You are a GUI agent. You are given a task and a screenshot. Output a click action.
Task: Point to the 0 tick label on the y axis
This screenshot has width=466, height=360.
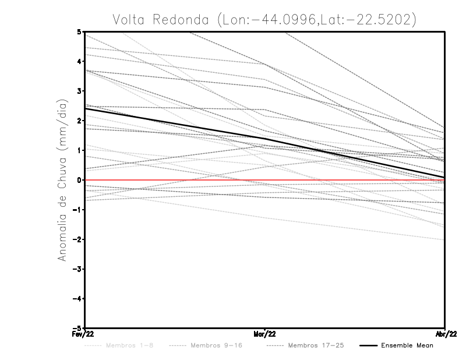pos(79,180)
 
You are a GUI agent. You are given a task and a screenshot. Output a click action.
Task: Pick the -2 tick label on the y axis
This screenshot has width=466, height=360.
pos(77,239)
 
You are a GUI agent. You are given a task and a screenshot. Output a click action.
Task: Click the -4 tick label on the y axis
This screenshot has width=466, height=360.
pos(77,299)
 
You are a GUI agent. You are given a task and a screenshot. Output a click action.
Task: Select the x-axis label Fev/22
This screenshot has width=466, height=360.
pos(84,334)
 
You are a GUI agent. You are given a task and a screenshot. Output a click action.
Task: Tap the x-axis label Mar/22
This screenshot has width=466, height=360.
pos(265,334)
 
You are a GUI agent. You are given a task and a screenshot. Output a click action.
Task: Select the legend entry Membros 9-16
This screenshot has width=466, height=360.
pos(213,346)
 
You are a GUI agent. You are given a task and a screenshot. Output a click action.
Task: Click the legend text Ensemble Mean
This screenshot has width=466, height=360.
pos(407,346)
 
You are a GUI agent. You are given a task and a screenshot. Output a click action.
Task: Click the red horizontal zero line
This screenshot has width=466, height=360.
pos(175,180)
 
